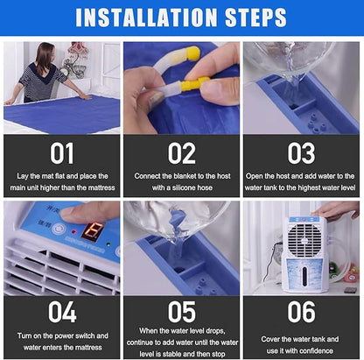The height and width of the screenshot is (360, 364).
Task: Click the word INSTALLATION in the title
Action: click(x=146, y=18)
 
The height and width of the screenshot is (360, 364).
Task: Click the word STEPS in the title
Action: click(x=255, y=18)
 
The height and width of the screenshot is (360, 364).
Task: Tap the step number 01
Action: click(x=61, y=153)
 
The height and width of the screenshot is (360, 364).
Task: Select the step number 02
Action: click(x=181, y=153)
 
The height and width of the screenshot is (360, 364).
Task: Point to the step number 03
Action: click(x=301, y=153)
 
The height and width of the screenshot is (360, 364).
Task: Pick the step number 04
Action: click(x=62, y=312)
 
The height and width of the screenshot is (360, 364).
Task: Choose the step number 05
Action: click(x=181, y=312)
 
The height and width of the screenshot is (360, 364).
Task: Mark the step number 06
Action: click(x=301, y=312)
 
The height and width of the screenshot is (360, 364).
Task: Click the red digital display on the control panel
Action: click(x=92, y=231)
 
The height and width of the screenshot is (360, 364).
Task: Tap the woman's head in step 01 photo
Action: click(x=45, y=54)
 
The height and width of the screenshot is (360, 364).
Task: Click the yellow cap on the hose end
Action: click(x=193, y=53)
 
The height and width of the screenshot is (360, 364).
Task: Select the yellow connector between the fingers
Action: click(x=195, y=84)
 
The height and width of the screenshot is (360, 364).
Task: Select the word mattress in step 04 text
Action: click(x=89, y=348)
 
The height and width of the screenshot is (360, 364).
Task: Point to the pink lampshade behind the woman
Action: click(x=78, y=48)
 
